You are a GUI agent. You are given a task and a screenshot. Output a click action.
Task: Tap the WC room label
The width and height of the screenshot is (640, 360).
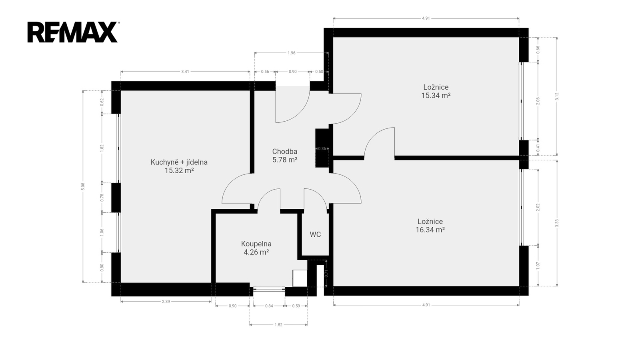point(315,234)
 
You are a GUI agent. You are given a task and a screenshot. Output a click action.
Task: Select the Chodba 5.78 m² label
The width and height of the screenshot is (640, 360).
point(284,156)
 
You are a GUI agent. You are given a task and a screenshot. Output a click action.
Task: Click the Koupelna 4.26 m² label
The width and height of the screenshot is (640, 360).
point(256,248)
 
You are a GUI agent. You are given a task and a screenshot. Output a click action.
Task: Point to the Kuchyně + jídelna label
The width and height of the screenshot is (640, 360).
point(179,162)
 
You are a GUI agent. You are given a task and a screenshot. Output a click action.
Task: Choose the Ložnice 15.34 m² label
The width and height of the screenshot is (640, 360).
point(436,92)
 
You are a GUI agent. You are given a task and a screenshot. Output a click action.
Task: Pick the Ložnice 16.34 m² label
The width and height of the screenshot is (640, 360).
point(430,226)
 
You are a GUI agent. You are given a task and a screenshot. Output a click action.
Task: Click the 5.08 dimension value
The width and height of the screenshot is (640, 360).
point(83,186)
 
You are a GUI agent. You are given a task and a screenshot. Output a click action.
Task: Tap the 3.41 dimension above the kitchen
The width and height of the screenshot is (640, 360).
point(185,72)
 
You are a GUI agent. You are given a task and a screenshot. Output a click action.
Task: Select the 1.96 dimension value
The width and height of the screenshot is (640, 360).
point(292,53)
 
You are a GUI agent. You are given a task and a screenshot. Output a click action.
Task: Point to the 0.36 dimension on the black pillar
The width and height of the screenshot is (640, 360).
point(322,148)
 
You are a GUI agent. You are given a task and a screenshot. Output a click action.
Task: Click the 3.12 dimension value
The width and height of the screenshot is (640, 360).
point(557,96)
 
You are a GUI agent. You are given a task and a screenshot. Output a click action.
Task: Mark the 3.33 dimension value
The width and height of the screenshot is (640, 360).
point(557,223)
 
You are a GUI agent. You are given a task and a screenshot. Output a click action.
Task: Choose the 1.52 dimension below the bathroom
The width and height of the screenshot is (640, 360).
point(278,325)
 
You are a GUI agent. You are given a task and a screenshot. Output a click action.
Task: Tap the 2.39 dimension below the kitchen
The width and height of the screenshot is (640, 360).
point(166,302)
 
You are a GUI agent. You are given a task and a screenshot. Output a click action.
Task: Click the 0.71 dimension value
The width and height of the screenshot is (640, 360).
point(326,274)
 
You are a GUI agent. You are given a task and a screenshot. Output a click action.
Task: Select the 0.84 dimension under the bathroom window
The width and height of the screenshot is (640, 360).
point(269,306)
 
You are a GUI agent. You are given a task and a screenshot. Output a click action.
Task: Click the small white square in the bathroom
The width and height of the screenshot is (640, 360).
point(300,278)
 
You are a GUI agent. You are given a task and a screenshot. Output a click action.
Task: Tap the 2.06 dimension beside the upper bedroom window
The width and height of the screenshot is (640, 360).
point(538,101)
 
